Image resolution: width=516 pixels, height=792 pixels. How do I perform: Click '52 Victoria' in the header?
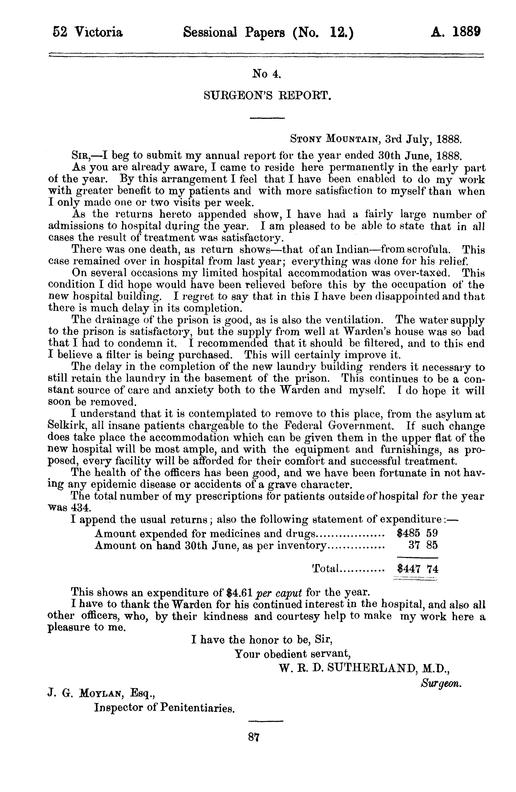point(88,32)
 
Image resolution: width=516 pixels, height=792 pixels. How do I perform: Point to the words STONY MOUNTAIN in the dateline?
point(335,138)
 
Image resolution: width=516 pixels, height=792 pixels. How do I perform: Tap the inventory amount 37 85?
point(423,545)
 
